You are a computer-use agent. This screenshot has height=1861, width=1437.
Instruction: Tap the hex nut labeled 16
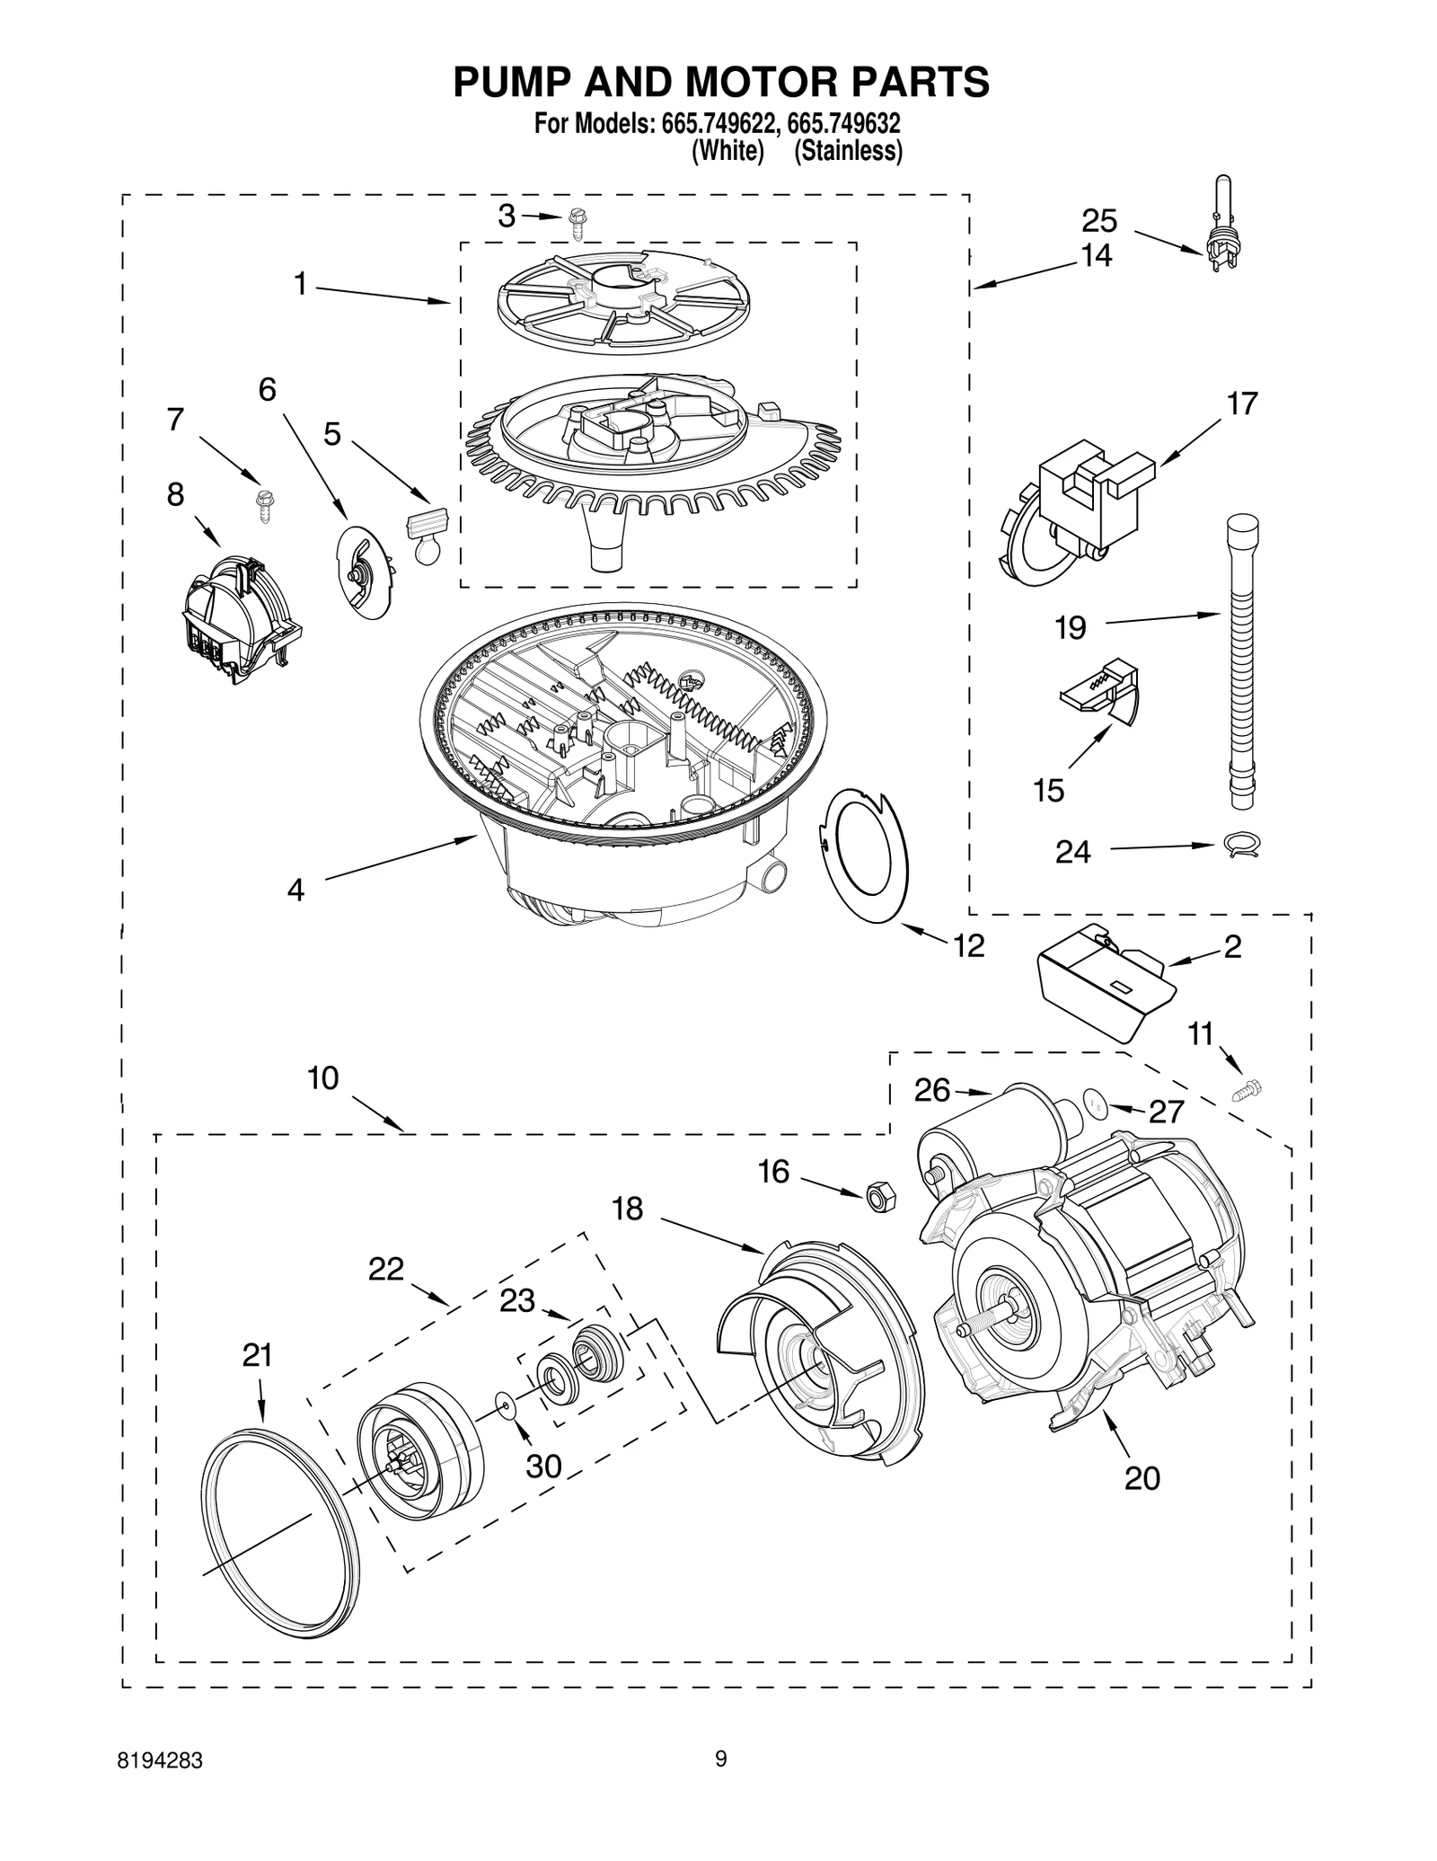click(878, 1196)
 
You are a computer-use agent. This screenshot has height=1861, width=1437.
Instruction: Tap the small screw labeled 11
click(1248, 1090)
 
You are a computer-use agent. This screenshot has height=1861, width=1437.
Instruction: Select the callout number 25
click(1098, 220)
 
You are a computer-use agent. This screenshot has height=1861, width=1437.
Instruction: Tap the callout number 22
click(385, 1270)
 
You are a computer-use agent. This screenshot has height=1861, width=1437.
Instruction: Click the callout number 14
click(1096, 255)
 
